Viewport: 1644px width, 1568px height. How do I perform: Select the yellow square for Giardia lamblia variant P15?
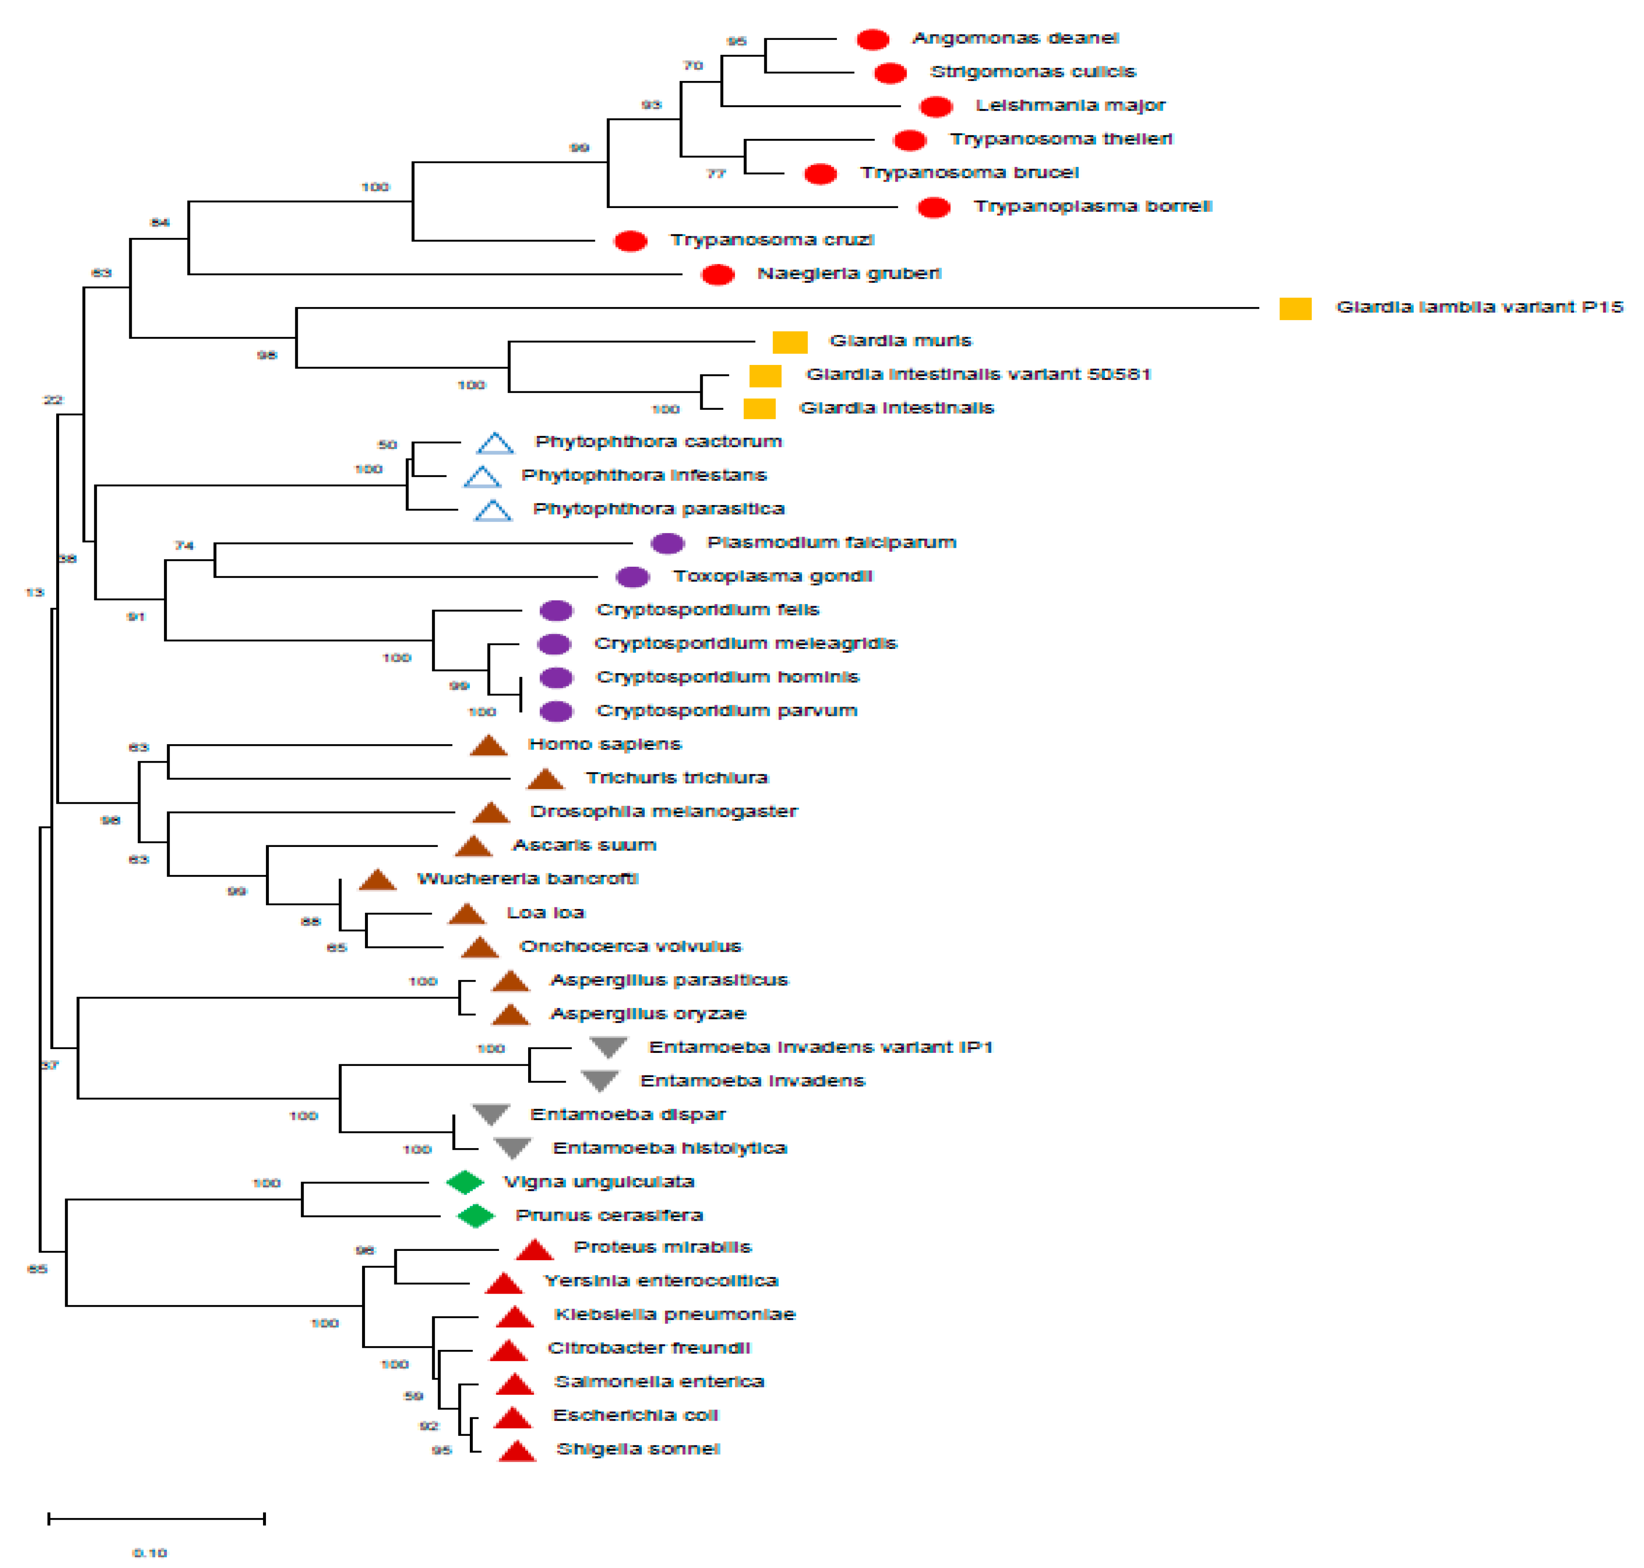(x=1295, y=308)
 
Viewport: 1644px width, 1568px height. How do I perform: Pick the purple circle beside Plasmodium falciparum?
(x=667, y=543)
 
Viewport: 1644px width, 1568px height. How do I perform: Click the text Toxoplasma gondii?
(x=772, y=577)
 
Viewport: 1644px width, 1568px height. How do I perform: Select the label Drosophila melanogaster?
(x=664, y=812)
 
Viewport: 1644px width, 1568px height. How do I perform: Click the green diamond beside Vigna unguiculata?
(x=465, y=1182)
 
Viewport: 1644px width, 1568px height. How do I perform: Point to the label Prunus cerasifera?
(x=608, y=1215)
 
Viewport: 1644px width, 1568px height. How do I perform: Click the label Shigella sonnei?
(x=638, y=1449)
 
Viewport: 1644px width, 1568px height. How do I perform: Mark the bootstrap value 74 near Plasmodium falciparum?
(x=184, y=546)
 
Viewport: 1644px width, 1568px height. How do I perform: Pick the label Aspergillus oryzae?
(x=648, y=1014)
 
